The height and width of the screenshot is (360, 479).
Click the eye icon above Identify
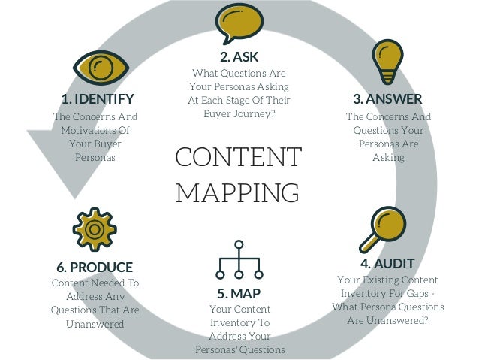coord(101,68)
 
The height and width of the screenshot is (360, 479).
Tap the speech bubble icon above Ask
coord(239,24)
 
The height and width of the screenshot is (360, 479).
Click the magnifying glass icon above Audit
coord(381,228)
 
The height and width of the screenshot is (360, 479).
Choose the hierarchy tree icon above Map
coord(239,259)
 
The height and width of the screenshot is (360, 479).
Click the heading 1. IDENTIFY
coord(98,99)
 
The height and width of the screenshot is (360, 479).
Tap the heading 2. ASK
coord(239,56)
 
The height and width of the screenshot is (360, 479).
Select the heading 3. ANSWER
coord(387,99)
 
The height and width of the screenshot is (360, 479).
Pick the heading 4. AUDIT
coord(387,264)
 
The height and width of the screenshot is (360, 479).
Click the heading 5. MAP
coord(239,292)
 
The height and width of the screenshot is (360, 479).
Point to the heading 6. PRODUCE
coord(95,267)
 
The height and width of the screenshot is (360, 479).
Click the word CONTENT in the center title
coord(238,159)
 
